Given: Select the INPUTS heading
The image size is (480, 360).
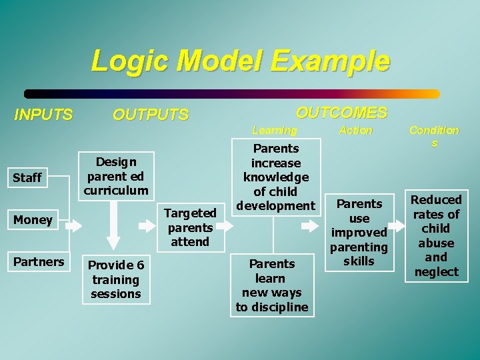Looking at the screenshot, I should click(43, 115).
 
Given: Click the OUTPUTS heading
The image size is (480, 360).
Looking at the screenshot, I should click(151, 115).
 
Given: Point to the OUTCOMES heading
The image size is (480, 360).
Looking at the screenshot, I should click(341, 113).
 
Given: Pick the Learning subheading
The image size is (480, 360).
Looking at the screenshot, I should click(275, 130).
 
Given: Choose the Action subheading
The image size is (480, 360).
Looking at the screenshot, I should click(356, 130).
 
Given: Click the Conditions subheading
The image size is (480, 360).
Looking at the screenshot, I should click(434, 136).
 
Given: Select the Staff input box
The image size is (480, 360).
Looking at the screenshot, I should click(27, 177).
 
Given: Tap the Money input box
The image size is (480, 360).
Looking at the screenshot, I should click(33, 220).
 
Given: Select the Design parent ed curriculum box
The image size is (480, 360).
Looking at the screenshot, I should click(116, 176).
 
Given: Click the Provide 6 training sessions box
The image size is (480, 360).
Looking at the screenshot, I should click(116, 280).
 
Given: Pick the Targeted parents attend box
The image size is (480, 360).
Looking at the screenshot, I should click(190, 227).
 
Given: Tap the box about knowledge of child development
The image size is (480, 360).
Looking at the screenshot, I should click(276, 177).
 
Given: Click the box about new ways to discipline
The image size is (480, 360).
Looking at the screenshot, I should click(272, 285).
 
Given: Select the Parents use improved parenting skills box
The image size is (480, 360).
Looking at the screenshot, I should click(359, 232).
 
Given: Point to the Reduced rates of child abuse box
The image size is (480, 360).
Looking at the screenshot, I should click(436, 235).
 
